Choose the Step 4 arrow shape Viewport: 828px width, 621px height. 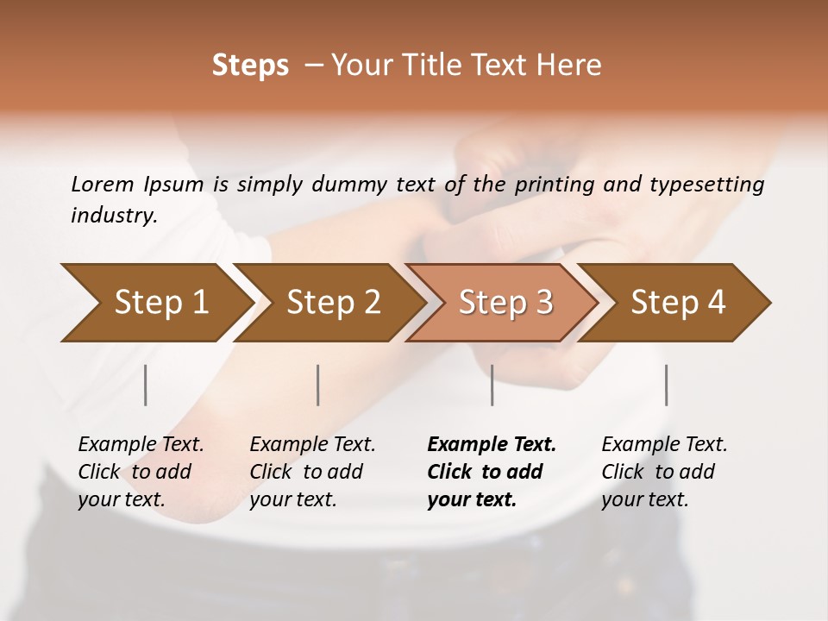[678, 302]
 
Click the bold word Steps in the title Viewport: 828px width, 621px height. [250, 66]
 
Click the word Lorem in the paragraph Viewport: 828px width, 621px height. [103, 184]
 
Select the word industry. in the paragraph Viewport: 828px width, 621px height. [114, 216]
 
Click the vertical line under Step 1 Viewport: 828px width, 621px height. [146, 385]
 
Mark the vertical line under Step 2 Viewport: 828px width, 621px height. [318, 385]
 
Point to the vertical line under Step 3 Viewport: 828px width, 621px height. [492, 385]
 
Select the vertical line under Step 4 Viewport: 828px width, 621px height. [666, 385]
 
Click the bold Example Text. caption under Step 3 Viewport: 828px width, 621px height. [492, 444]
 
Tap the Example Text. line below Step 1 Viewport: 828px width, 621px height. [141, 444]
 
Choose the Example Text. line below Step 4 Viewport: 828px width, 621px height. [664, 444]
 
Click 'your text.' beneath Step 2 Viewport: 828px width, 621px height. [293, 499]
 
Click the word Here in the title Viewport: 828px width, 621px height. [573, 66]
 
